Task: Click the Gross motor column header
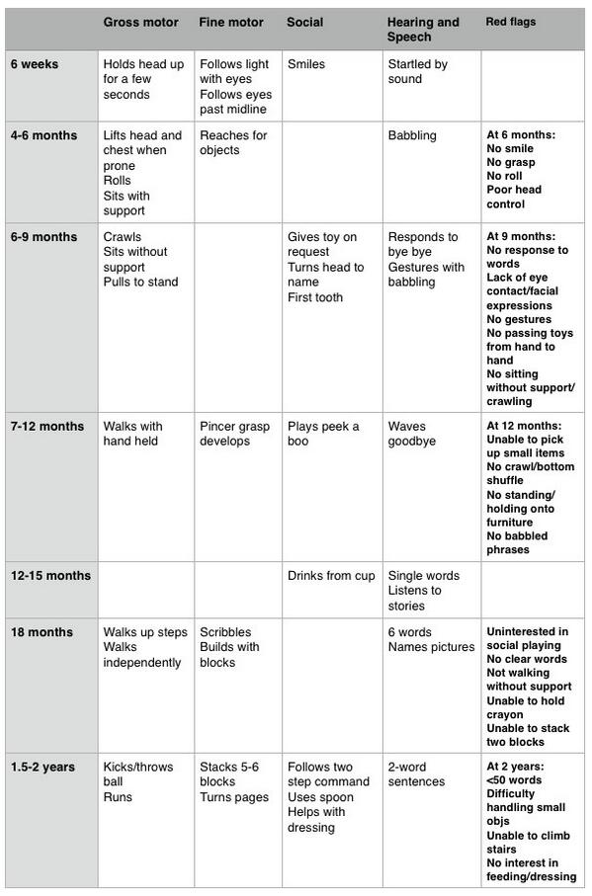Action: pyautogui.click(x=141, y=22)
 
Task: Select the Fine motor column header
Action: pyautogui.click(x=231, y=22)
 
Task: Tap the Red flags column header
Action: pyautogui.click(x=511, y=21)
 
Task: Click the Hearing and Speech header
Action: pyautogui.click(x=423, y=30)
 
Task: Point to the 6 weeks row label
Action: pyautogui.click(x=35, y=64)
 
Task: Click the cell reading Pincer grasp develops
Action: pyautogui.click(x=234, y=434)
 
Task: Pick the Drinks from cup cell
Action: pyautogui.click(x=331, y=576)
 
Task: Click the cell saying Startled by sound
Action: pyautogui.click(x=417, y=72)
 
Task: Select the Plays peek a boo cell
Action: pyautogui.click(x=323, y=434)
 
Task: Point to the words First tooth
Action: pyautogui.click(x=315, y=297)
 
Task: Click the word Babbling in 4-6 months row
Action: pyautogui.click(x=412, y=135)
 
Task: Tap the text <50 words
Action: pyautogui.click(x=512, y=780)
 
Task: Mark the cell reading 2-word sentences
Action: pyautogui.click(x=416, y=774)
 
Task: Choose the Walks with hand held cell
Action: pyautogui.click(x=132, y=434)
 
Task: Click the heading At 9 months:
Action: pyautogui.click(x=520, y=237)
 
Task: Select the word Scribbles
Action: pyautogui.click(x=225, y=632)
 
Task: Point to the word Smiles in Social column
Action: pyautogui.click(x=306, y=64)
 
